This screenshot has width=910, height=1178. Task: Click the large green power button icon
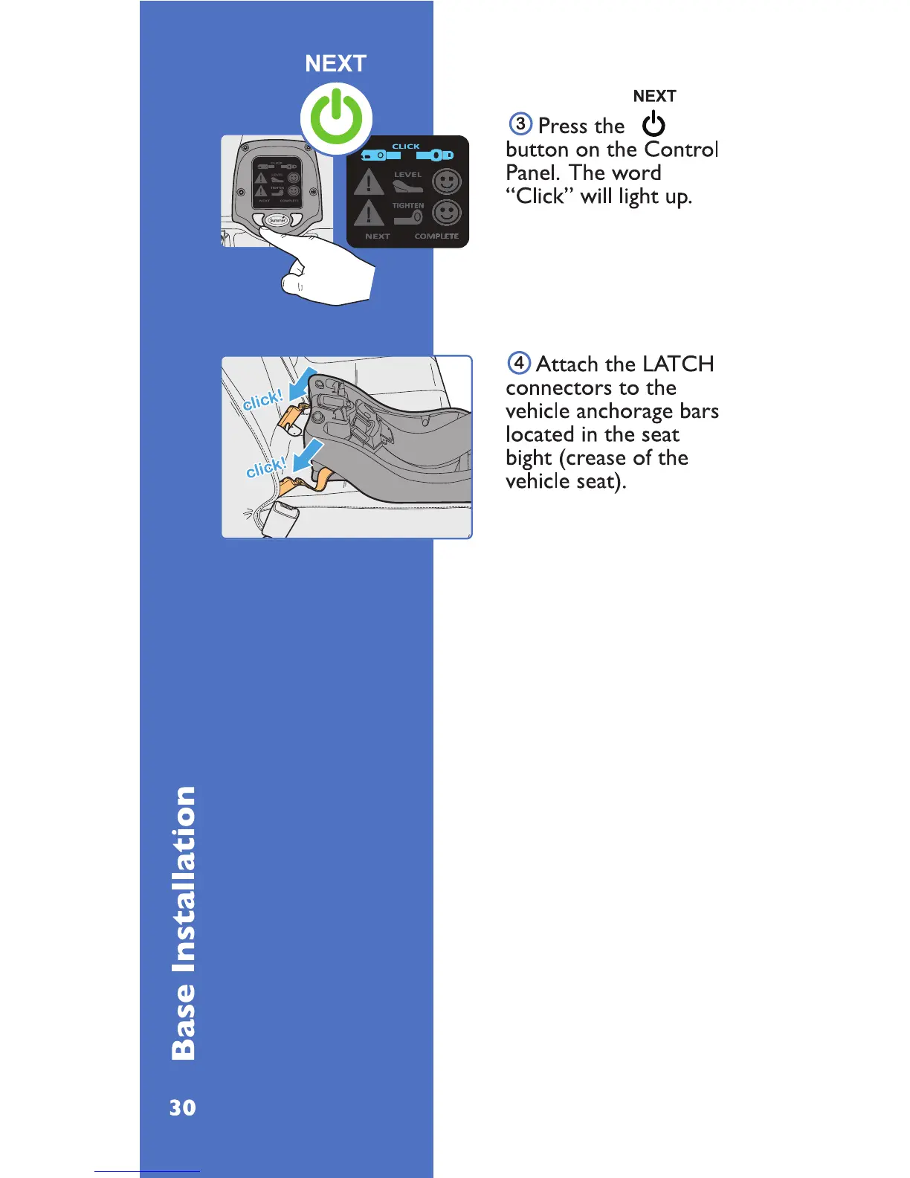[336, 119]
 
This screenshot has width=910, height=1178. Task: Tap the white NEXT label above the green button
[335, 64]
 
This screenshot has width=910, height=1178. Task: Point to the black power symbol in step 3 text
[654, 124]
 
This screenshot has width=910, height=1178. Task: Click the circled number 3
[520, 123]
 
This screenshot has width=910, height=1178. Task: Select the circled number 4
[519, 363]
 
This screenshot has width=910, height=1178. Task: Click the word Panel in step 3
[532, 173]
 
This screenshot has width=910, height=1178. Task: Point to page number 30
[183, 1108]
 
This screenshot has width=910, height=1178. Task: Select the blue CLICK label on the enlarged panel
[406, 147]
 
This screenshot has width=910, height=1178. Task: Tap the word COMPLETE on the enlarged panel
[436, 236]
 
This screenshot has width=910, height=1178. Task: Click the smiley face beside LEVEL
[447, 181]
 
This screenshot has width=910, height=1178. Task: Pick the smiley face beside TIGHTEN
[447, 213]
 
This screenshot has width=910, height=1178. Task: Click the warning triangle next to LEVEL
[368, 182]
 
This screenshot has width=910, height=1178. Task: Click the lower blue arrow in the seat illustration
[309, 454]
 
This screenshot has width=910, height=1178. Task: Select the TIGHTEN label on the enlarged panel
[408, 205]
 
